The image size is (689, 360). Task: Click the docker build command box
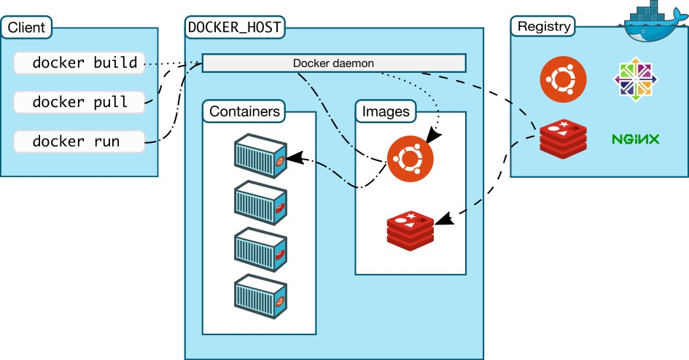(x=79, y=63)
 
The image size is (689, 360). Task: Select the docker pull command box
(x=79, y=102)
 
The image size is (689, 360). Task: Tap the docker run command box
(x=79, y=141)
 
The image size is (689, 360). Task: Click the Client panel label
(x=27, y=29)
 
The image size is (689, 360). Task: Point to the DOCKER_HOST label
(x=235, y=28)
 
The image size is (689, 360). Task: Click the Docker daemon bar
(x=333, y=63)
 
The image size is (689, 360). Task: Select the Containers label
(x=244, y=112)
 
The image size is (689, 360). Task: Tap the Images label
(x=385, y=112)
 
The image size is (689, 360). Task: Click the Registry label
(x=543, y=27)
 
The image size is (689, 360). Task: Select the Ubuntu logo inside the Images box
(x=410, y=157)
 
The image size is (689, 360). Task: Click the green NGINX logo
(x=637, y=138)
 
